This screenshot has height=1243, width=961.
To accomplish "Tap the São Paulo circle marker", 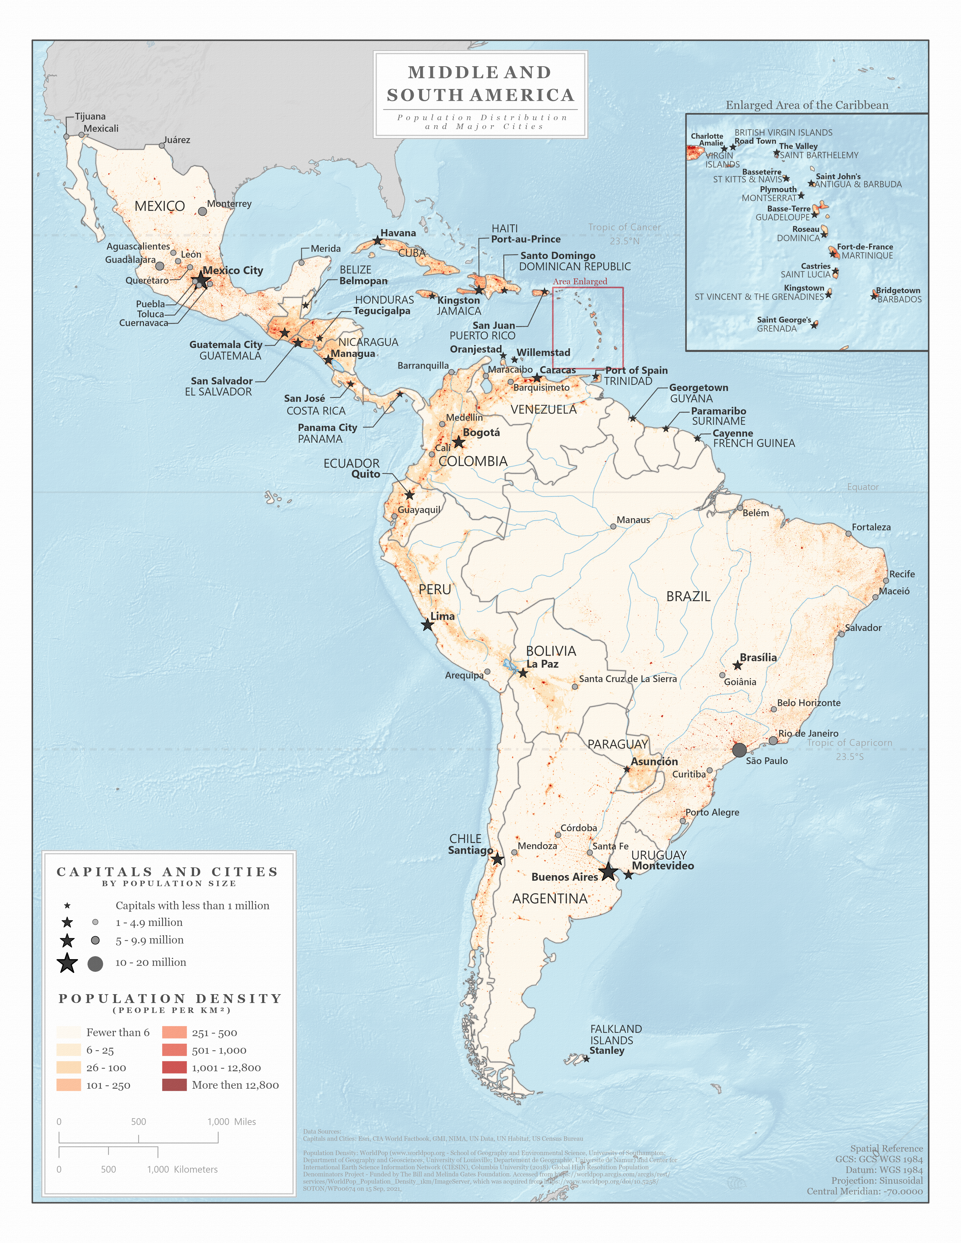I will coord(739,750).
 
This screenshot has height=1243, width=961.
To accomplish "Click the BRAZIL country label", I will coord(688,596).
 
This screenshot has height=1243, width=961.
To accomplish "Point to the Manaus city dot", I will coord(613,526).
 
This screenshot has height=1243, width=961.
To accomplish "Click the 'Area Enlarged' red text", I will coord(580,281).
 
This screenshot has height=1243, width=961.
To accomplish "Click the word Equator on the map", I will coord(862,487).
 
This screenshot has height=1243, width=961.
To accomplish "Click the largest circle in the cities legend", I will coord(95,964).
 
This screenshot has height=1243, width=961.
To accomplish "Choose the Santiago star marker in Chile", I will coord(497,859).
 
